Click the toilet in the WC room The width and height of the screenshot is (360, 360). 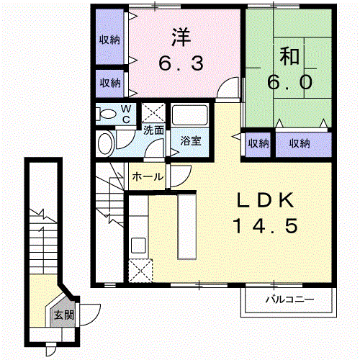[106, 114]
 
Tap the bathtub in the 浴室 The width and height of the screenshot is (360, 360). [190, 115]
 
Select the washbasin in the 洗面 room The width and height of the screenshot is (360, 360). [106, 143]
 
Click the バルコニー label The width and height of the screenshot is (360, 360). [289, 300]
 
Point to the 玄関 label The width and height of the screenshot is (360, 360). [64, 315]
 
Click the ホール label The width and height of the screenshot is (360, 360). [148, 177]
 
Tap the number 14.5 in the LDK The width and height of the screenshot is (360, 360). [266, 226]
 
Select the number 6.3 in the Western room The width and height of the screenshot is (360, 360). [181, 63]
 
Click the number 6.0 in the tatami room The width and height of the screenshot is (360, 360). [290, 82]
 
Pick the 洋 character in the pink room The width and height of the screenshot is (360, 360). [181, 37]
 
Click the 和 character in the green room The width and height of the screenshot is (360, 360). [289, 57]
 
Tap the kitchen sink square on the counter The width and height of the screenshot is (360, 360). [138, 245]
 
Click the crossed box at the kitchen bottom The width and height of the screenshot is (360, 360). [140, 271]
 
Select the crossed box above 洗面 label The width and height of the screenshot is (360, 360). [153, 113]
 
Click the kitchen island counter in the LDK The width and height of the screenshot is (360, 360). [187, 227]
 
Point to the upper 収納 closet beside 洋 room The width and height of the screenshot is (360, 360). [109, 37]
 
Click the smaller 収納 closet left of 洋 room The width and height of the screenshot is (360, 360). [109, 84]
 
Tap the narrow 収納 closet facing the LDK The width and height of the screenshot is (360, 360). [258, 144]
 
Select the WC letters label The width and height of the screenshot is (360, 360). [126, 114]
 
